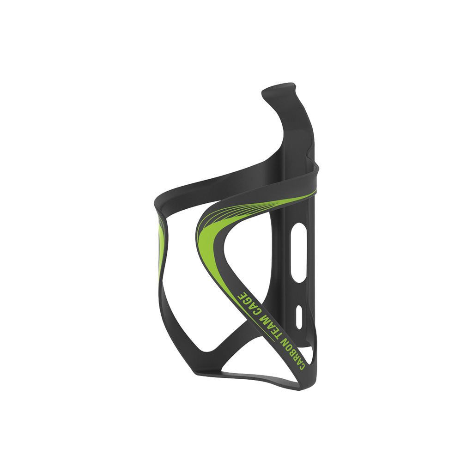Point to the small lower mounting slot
click(x=299, y=316)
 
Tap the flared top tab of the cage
click(x=279, y=90)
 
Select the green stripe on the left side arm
click(x=161, y=245)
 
